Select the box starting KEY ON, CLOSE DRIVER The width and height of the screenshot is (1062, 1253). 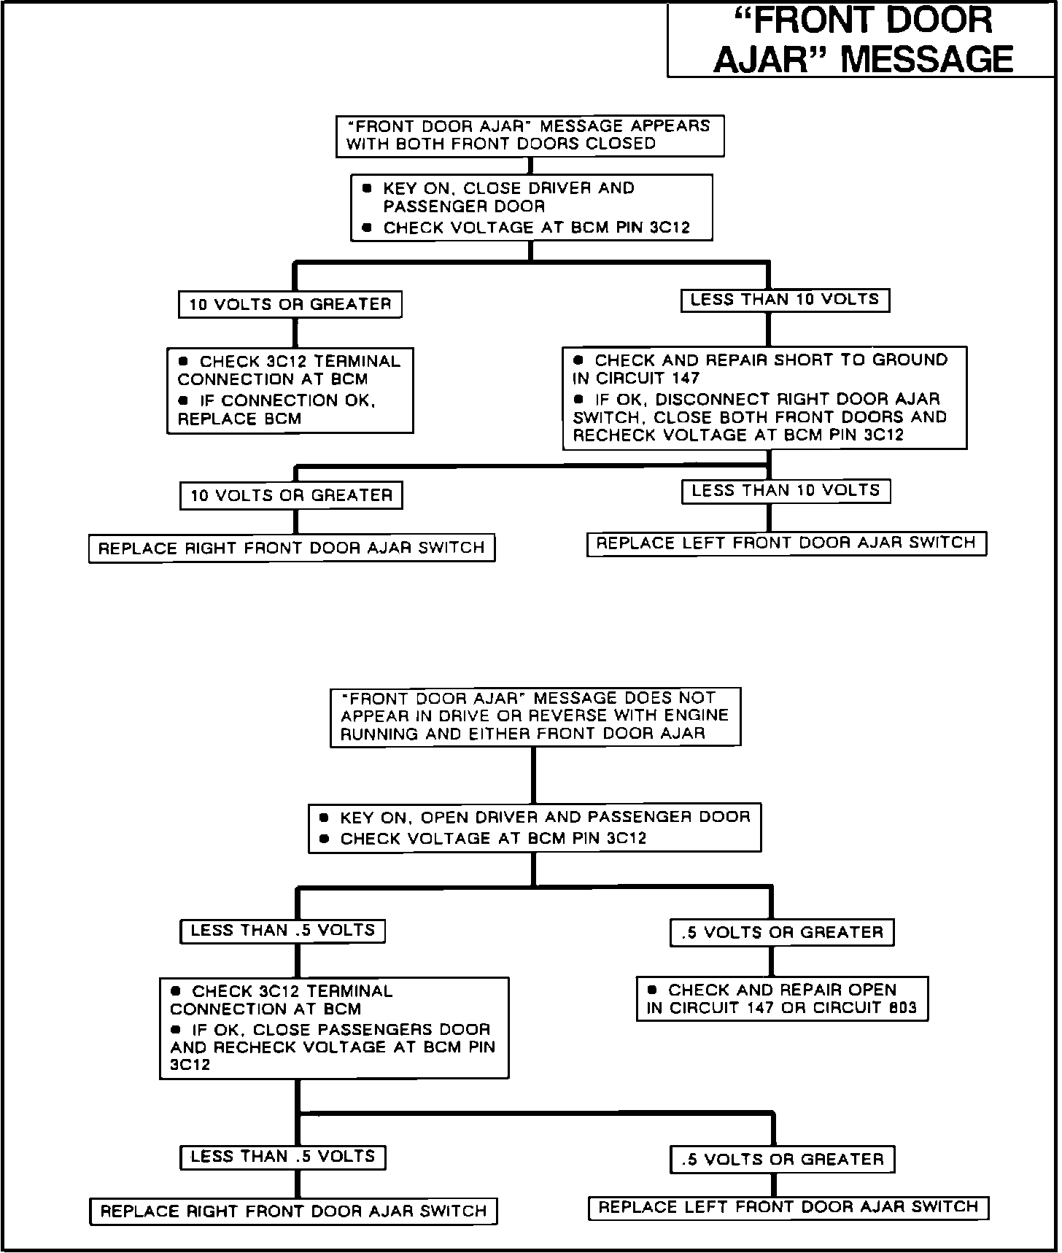pos(531,207)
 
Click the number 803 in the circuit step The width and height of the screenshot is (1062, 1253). pos(902,1009)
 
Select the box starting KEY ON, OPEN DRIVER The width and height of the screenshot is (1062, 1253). pos(535,827)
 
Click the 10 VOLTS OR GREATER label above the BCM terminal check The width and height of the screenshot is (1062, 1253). pos(290,304)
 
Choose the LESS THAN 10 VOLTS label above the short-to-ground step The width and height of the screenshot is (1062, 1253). pos(785,300)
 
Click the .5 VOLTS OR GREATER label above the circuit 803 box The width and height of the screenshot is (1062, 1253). pos(782,932)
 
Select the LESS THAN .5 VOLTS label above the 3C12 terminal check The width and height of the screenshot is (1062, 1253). pos(282,931)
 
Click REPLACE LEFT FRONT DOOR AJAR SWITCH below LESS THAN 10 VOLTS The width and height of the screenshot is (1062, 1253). pos(786,543)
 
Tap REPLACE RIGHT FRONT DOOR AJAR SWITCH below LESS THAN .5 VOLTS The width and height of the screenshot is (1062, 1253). pos(293,1211)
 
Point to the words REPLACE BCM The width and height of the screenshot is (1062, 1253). pos(239,419)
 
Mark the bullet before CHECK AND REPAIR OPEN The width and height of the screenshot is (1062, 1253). pos(653,990)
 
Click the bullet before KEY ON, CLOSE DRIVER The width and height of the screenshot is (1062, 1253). pos(367,188)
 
